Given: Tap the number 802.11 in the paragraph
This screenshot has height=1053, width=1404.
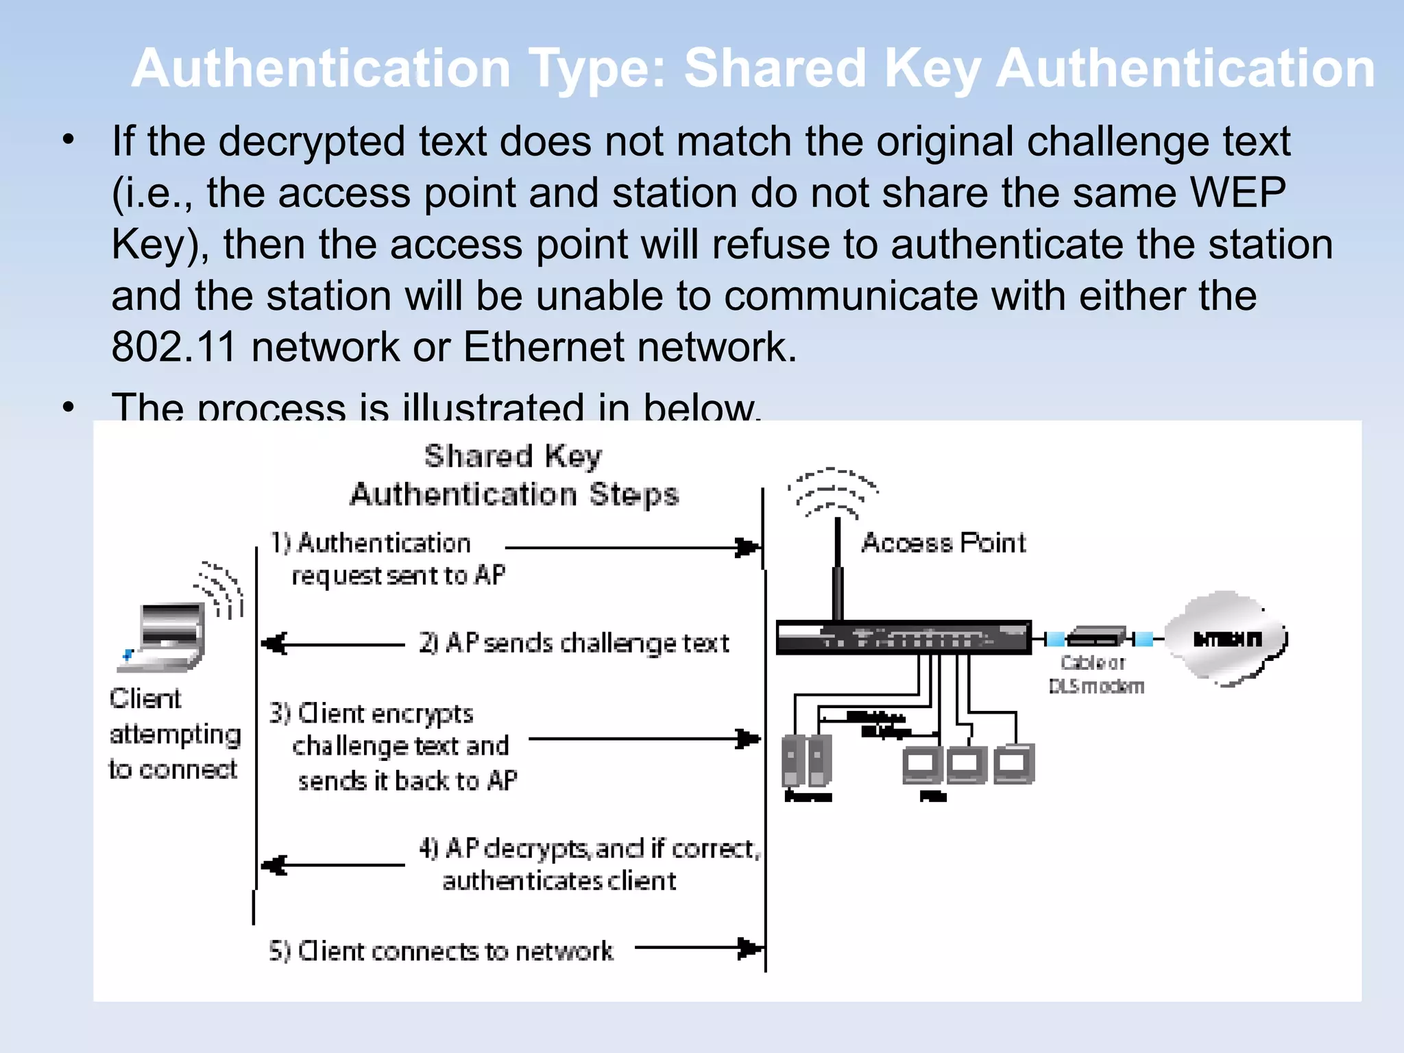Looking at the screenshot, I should click(x=173, y=347).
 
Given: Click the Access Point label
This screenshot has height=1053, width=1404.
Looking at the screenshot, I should click(x=943, y=543).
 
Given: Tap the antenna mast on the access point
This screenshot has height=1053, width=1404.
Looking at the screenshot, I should click(x=837, y=569).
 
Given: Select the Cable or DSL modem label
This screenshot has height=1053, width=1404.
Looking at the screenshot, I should click(x=1095, y=675).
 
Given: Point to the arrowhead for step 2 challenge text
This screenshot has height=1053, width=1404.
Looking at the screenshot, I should click(x=275, y=644).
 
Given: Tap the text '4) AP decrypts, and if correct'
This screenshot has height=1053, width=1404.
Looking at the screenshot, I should click(x=590, y=849).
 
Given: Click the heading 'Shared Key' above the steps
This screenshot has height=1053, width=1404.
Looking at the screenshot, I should click(x=513, y=457).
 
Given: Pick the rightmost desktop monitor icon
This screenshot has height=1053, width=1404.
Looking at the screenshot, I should click(x=1013, y=764).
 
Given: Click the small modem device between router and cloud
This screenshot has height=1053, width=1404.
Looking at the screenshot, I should click(x=1096, y=637).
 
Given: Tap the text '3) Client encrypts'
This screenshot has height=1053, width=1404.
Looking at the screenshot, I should click(x=371, y=714).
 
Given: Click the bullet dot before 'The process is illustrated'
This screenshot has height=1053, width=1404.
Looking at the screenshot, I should click(x=68, y=407).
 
